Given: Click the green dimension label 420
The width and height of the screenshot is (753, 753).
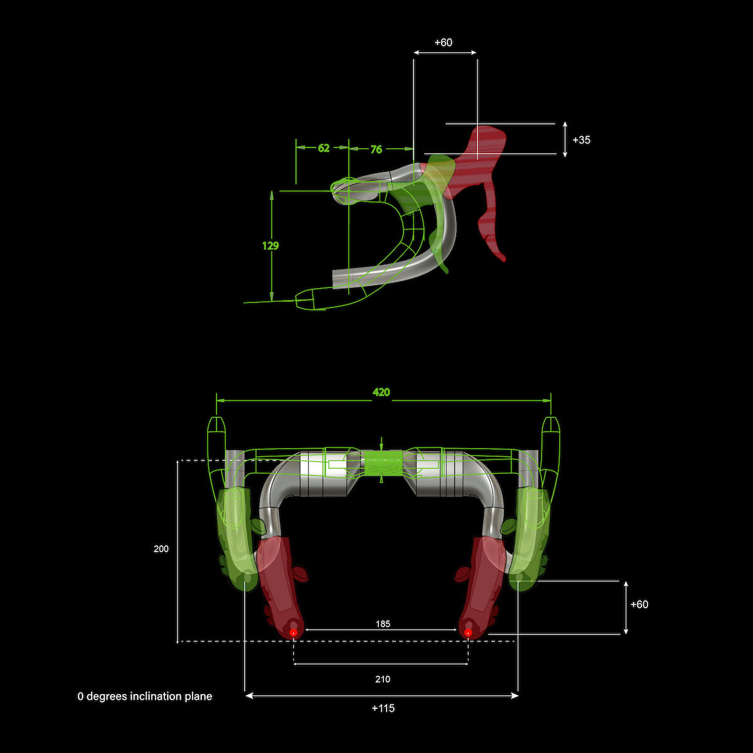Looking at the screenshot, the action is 381,392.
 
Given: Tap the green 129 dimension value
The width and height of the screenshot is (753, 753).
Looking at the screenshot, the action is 270,246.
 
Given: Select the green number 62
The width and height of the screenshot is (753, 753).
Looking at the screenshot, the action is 324,148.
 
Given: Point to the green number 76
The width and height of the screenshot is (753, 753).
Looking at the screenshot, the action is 376,149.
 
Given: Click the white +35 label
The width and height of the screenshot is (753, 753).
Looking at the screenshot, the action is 582,140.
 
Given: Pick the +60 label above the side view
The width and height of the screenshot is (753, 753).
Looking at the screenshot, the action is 443,42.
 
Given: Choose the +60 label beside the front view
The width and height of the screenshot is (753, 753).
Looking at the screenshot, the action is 639,604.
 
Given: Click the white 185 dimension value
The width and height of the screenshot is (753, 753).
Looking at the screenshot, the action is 383,624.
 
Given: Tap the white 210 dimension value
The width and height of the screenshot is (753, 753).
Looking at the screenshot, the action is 383,679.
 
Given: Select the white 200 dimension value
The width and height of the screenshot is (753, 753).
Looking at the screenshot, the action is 161,548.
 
